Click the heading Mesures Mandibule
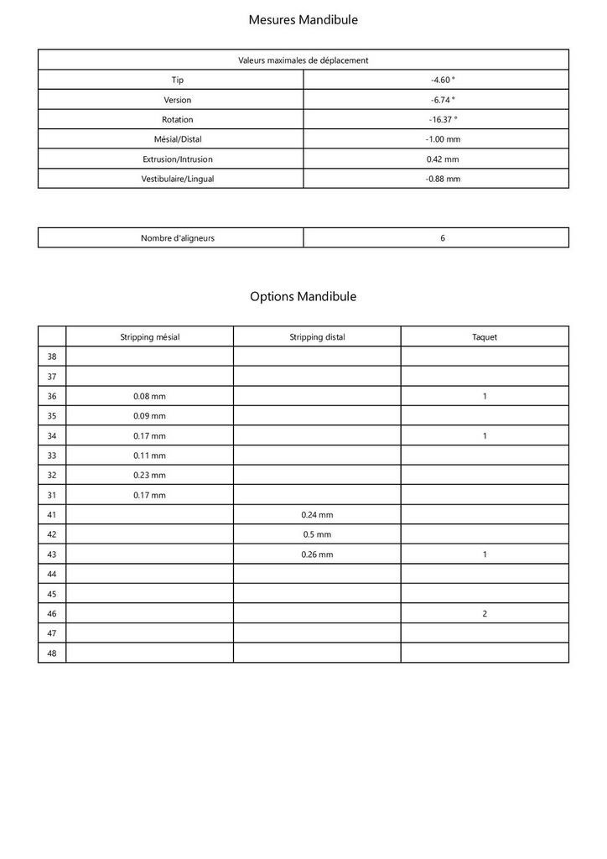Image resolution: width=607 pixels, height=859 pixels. click(303, 19)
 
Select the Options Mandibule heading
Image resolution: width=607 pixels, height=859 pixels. click(303, 296)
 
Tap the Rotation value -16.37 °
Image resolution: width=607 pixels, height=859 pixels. click(443, 119)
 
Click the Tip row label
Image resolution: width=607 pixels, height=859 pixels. click(177, 80)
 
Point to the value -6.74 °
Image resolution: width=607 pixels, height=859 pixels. click(443, 100)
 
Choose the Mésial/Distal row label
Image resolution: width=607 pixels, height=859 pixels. click(177, 139)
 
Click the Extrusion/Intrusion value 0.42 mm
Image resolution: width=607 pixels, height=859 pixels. click(443, 159)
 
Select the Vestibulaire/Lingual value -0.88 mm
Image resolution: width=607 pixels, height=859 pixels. click(443, 179)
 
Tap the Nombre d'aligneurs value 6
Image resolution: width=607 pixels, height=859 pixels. click(443, 238)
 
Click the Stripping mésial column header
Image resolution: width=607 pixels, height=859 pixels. click(149, 337)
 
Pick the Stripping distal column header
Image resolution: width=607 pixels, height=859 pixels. click(317, 337)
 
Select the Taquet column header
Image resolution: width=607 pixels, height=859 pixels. click(485, 337)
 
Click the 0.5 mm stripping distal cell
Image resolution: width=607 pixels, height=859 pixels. click(317, 534)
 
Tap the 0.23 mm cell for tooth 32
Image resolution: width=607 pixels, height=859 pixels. click(149, 475)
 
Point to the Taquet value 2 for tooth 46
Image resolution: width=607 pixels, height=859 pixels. click(485, 613)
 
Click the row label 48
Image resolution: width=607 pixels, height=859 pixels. click(52, 653)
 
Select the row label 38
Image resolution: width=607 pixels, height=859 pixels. click(52, 357)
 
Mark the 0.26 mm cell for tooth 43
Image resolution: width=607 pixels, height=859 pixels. click(317, 554)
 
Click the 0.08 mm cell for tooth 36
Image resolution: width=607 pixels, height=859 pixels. click(149, 396)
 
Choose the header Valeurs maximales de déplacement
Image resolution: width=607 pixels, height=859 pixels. click(303, 60)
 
